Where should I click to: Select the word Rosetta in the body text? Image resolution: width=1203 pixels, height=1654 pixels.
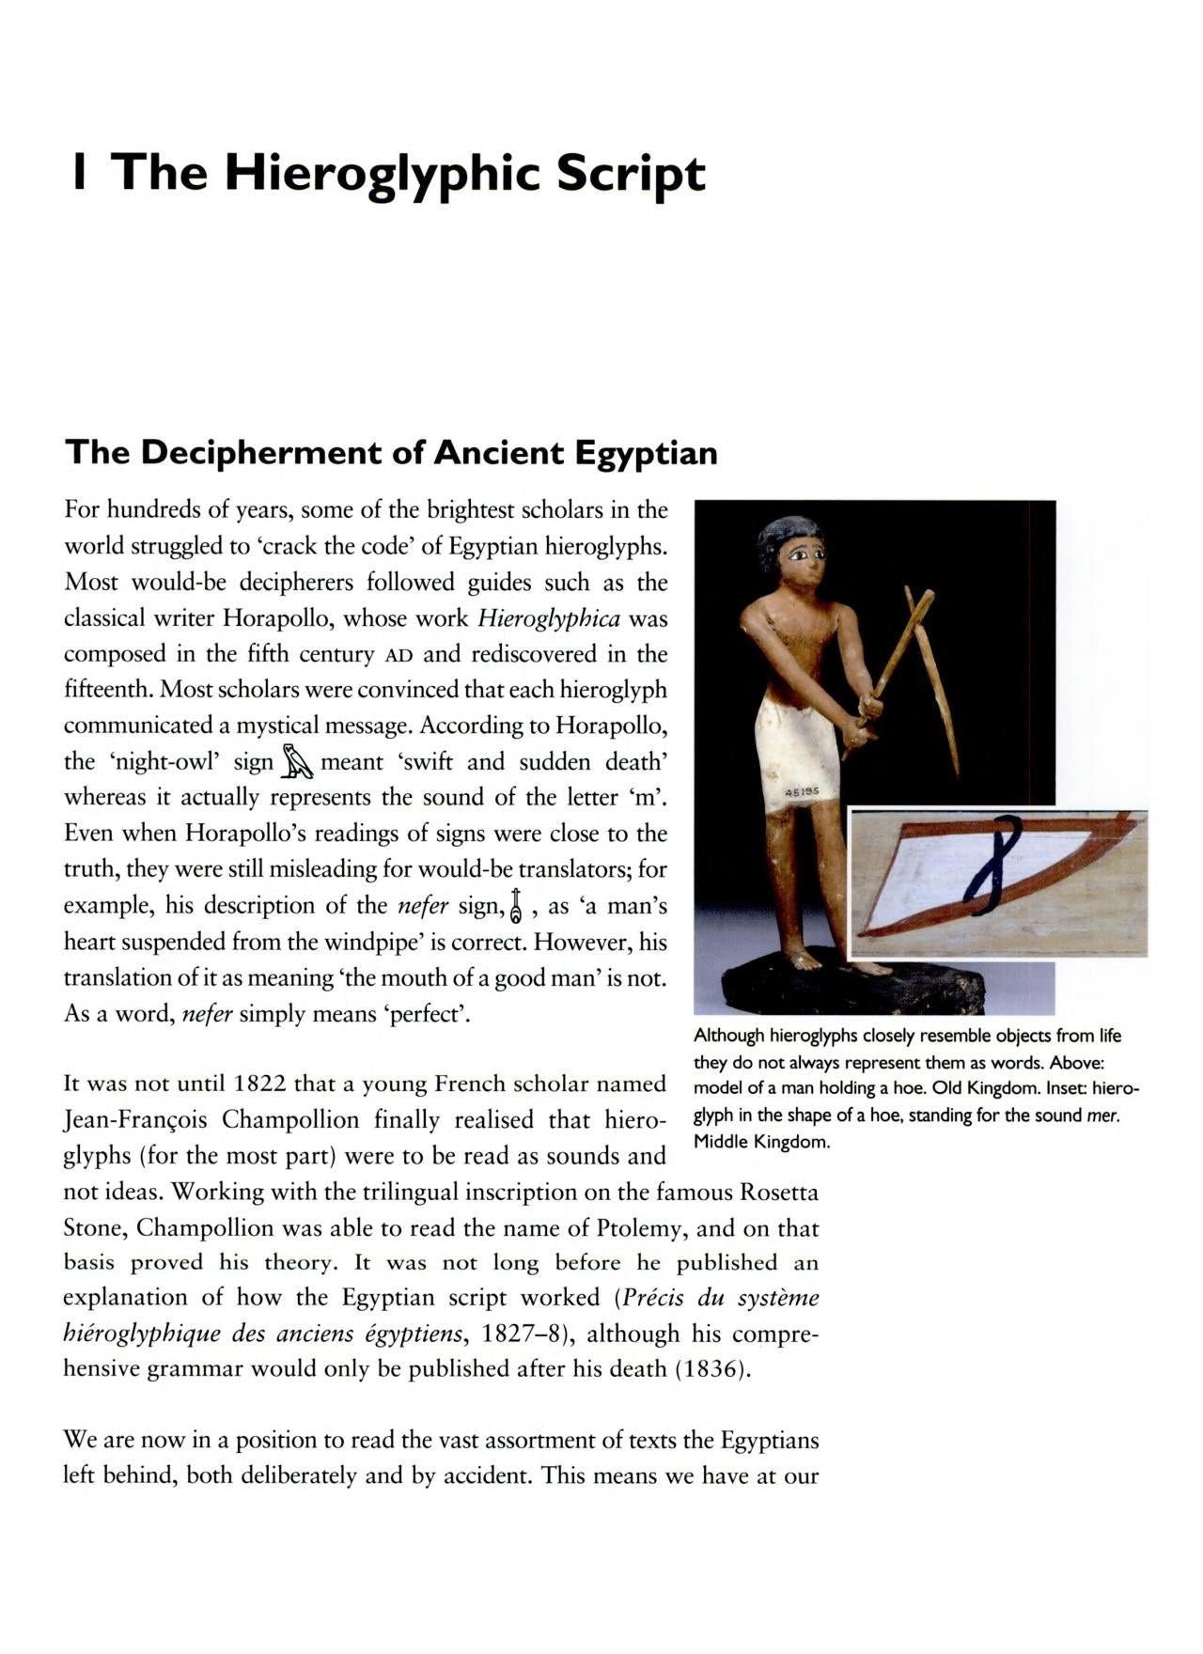(x=778, y=1193)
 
